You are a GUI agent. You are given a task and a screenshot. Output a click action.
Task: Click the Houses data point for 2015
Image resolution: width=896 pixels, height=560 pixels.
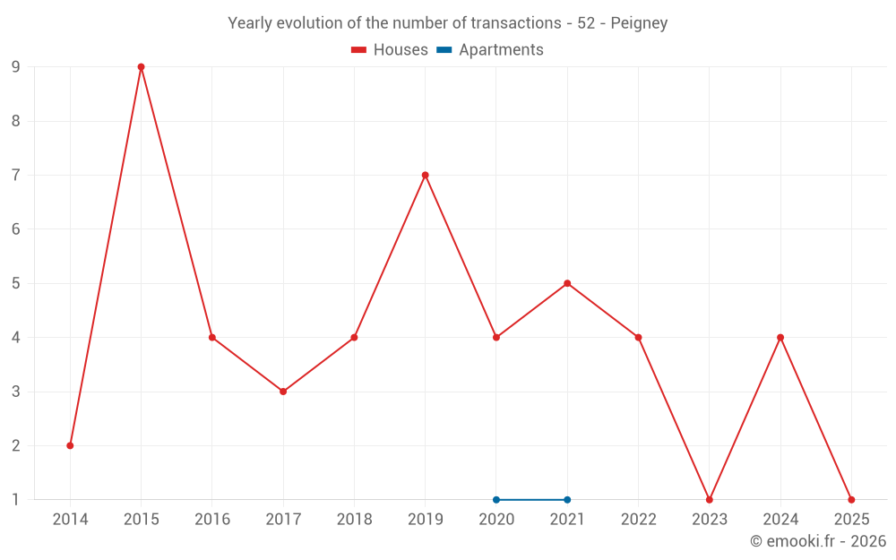point(141,67)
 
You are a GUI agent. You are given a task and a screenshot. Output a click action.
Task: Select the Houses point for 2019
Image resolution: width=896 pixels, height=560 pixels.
point(425,175)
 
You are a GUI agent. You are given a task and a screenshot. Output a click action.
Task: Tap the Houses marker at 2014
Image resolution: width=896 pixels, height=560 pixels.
point(70,445)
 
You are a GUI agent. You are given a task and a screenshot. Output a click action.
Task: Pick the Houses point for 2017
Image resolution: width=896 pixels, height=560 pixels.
point(283,392)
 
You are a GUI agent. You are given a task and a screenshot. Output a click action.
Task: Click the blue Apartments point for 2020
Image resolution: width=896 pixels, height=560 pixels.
point(496,499)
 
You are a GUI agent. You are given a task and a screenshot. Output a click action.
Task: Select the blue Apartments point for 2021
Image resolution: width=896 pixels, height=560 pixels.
point(567,499)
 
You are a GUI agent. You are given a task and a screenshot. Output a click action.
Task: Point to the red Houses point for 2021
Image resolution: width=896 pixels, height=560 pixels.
point(567,283)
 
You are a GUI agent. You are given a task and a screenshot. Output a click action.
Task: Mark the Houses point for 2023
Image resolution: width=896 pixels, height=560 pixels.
point(709,499)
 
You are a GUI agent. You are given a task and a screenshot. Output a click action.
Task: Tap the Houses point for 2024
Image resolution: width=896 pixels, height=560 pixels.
point(780,337)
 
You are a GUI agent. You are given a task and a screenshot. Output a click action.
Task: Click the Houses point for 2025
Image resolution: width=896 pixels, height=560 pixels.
point(851,499)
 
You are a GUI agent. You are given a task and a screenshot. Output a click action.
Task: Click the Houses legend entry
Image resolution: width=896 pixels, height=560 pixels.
point(390,50)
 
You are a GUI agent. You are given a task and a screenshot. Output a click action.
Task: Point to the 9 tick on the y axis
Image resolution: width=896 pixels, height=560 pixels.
point(15,67)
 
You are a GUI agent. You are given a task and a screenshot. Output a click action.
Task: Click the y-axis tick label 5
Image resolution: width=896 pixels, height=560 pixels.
point(15,283)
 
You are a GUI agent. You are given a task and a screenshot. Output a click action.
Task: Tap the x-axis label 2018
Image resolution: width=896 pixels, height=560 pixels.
point(354,520)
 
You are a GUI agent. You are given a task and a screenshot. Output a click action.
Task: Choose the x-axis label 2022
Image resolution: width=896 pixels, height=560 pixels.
point(638,520)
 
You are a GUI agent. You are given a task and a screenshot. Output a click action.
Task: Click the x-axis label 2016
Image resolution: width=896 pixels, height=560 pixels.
point(212,520)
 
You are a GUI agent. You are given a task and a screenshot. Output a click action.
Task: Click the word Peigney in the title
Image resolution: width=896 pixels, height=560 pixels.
point(639,23)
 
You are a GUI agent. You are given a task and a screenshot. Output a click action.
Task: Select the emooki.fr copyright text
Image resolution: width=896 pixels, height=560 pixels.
point(817,541)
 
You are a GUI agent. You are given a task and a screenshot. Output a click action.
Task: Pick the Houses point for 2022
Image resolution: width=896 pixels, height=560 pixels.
point(638,337)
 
